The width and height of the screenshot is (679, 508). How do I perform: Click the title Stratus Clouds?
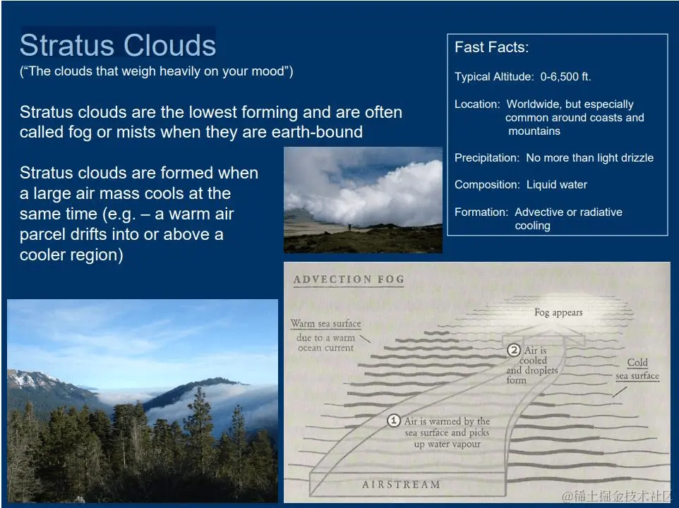[x=118, y=45]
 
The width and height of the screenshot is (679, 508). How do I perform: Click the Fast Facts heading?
[x=491, y=47]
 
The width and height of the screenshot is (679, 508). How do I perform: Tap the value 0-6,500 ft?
[x=565, y=77]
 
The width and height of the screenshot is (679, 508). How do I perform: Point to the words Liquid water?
[x=557, y=185]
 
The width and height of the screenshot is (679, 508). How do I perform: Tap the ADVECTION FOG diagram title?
[x=349, y=279]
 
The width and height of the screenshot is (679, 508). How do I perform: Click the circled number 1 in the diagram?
[x=394, y=421]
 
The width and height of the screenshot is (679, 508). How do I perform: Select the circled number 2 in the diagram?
[x=514, y=350]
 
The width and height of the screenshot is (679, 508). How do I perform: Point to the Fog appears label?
[x=558, y=313]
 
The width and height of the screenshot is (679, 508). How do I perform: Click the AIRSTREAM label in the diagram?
[x=401, y=485]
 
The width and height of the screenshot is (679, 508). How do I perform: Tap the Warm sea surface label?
[x=325, y=324]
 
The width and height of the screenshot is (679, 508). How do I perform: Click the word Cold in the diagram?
[x=637, y=363]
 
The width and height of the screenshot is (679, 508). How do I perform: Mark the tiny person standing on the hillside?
[x=349, y=226]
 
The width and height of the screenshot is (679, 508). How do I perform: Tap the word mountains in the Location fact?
[x=534, y=131]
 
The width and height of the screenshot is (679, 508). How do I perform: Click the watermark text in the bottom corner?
[x=616, y=496]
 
